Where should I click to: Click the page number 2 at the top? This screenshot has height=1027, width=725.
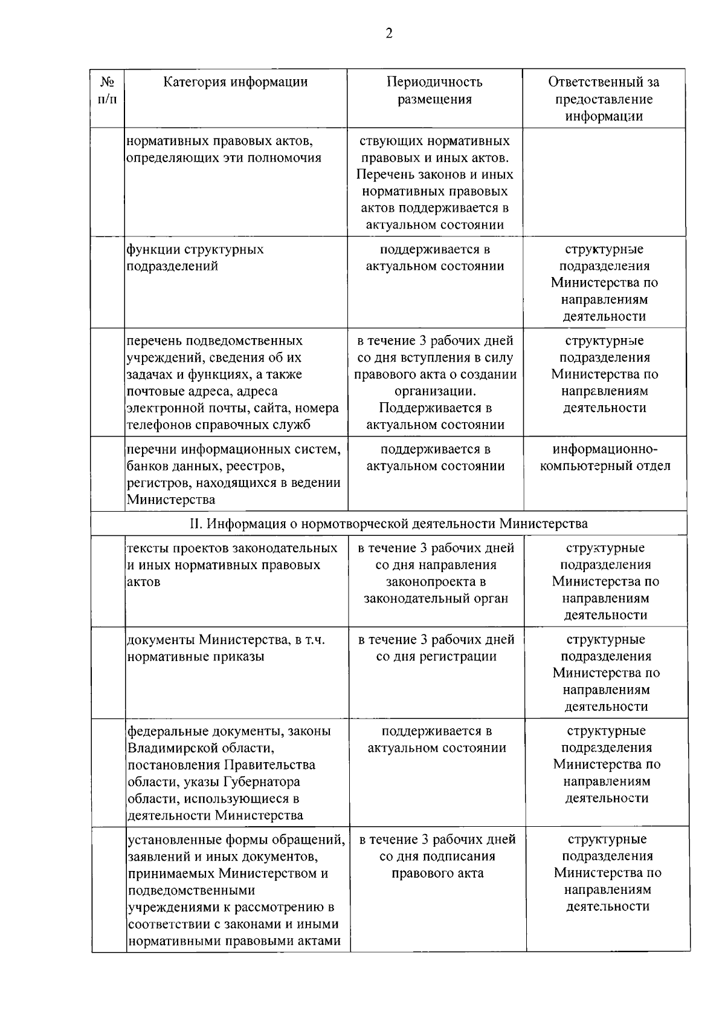[x=388, y=34]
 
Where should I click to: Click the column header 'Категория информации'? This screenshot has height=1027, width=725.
[x=236, y=82]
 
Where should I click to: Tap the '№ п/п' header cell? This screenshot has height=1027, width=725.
[x=108, y=90]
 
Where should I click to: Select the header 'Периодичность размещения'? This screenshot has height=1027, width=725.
[x=434, y=91]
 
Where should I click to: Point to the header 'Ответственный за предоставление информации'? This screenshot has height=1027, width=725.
[x=604, y=99]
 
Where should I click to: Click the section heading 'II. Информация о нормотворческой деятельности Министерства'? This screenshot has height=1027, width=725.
[x=388, y=523]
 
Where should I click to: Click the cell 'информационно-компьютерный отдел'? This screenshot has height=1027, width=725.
[x=605, y=458]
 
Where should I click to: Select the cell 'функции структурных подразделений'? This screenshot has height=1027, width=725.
[x=195, y=258]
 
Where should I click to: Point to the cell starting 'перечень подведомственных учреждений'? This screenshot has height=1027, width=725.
[x=233, y=383]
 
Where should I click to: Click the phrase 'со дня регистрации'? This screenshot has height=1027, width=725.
[x=436, y=657]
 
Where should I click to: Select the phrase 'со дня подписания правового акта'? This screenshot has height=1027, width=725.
[x=437, y=865]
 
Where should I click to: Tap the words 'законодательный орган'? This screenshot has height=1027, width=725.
[x=436, y=599]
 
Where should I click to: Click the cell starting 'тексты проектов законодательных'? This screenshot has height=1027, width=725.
[x=233, y=565]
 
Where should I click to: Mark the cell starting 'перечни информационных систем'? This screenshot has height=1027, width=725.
[x=234, y=475]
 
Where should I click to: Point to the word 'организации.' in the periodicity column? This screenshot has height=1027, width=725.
[x=435, y=391]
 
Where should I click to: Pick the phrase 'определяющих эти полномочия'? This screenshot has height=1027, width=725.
[x=224, y=158]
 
